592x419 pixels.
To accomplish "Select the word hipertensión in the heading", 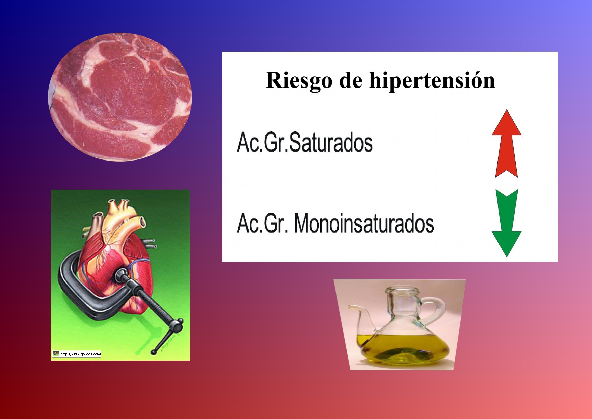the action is point(432,80).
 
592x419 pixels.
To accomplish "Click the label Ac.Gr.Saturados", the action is point(304,142).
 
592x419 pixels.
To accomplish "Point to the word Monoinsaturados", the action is point(364,223).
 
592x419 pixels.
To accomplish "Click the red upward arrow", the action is point(507,144).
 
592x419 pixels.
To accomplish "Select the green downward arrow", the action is point(507,223).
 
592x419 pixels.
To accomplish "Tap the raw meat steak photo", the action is point(120,97).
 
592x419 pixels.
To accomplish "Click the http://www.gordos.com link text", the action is point(80,354).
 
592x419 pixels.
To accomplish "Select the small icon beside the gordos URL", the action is point(56,354).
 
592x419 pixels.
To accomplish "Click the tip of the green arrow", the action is point(507,257).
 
